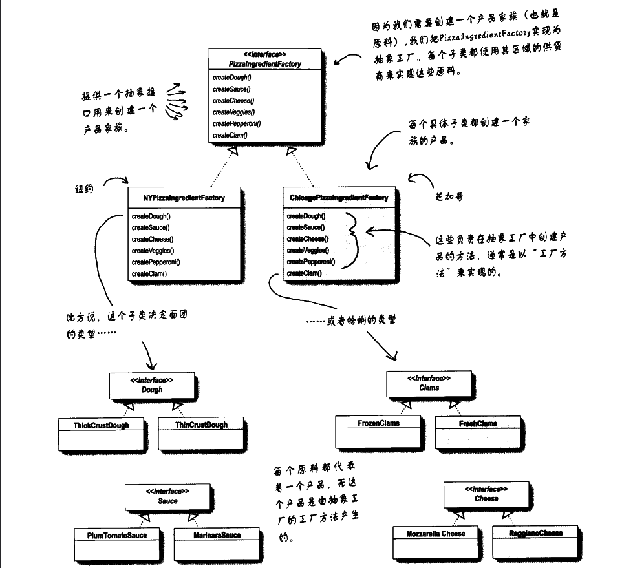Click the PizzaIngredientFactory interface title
click(265, 64)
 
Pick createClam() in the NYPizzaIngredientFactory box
click(149, 274)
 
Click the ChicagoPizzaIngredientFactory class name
click(339, 198)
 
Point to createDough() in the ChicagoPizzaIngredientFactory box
click(306, 216)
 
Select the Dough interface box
click(152, 386)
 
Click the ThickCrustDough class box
click(102, 434)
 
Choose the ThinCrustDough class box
click(201, 434)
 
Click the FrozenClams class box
click(379, 432)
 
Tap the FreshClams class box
click(478, 432)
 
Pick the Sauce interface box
click(167, 497)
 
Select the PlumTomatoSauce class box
click(118, 543)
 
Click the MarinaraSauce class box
click(217, 543)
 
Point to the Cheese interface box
click(486, 495)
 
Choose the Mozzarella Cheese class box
click(436, 542)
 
